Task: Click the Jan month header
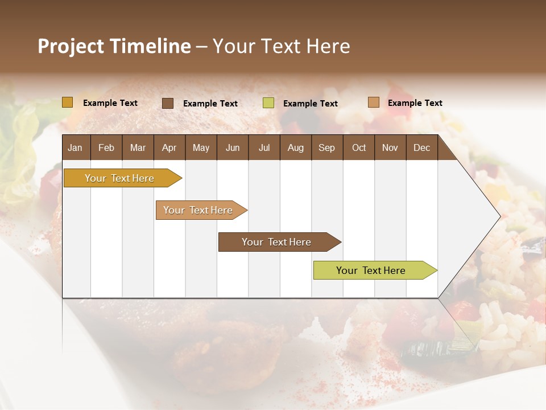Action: click(x=76, y=147)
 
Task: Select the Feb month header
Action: click(x=106, y=147)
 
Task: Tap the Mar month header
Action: click(x=138, y=147)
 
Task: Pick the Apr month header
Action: click(x=169, y=147)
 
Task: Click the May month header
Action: click(x=201, y=147)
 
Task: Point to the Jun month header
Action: click(x=233, y=147)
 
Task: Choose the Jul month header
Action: click(x=264, y=147)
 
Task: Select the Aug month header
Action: click(x=296, y=147)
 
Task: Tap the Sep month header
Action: click(x=327, y=147)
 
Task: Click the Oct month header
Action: click(x=359, y=147)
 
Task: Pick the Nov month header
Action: click(x=390, y=147)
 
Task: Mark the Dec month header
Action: click(x=422, y=147)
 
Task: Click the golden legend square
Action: click(x=68, y=102)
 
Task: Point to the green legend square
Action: click(x=268, y=103)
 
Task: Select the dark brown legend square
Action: click(x=168, y=103)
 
